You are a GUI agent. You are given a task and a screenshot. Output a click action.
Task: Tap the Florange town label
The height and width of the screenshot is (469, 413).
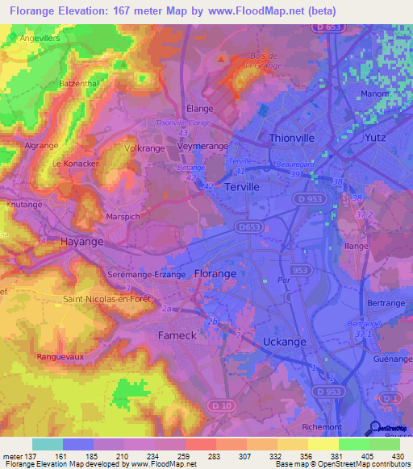215,274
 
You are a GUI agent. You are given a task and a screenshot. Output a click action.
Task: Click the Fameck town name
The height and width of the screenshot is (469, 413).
177,334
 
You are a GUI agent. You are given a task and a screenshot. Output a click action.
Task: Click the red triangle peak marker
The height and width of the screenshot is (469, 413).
221,58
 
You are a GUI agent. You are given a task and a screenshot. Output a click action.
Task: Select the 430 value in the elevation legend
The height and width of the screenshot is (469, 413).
398,456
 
